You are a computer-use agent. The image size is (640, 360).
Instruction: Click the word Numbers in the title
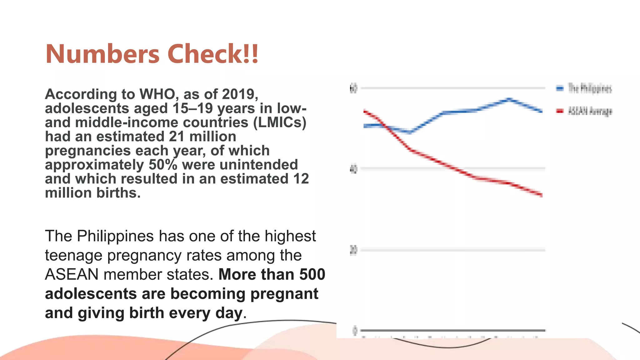tap(102, 54)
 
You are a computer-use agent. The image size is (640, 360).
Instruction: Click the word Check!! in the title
tap(213, 54)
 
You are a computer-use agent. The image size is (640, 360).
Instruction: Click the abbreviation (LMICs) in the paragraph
tap(280, 122)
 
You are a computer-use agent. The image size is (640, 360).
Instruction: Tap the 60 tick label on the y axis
tap(353, 88)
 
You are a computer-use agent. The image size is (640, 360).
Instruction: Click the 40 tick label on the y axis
tap(353, 169)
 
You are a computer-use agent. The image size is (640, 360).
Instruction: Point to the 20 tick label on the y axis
tap(353, 250)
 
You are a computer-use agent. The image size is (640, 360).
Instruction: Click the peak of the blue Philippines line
tap(509, 99)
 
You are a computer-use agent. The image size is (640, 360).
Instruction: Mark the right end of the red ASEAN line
tap(542, 195)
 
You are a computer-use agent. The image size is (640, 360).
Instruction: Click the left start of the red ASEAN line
tap(365, 111)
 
